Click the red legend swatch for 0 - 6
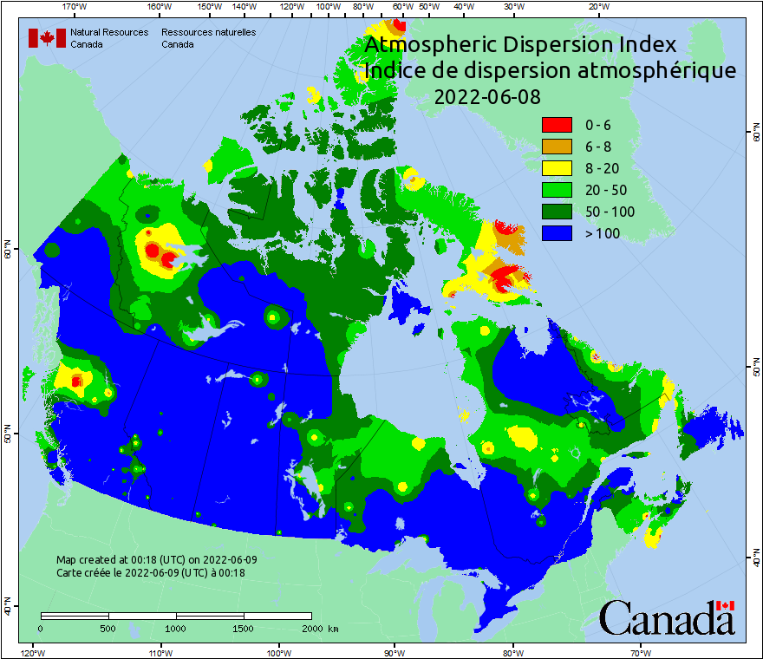click(x=557, y=125)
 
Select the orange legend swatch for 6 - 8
click(x=557, y=147)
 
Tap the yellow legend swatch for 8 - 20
click(x=557, y=168)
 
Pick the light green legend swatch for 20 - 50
click(x=557, y=190)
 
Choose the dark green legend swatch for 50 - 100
click(x=557, y=212)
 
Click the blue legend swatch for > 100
click(x=557, y=233)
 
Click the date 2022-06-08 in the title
click(x=486, y=97)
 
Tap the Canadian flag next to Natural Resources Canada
click(x=47, y=38)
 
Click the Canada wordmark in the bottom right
click(x=667, y=617)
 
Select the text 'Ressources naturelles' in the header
click(x=208, y=32)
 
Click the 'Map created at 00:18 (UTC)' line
click(x=156, y=560)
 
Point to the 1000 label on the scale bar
click(x=176, y=628)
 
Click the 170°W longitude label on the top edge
click(x=75, y=7)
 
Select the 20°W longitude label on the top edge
click(x=597, y=7)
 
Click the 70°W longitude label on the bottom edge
click(x=641, y=652)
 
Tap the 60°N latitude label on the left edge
click(x=8, y=251)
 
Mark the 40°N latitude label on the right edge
click(x=754, y=561)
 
